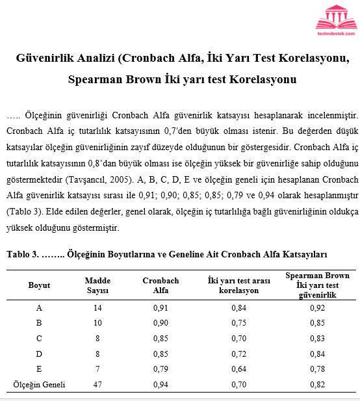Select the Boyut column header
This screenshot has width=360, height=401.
tap(39, 285)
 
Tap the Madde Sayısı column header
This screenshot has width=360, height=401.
tap(97, 285)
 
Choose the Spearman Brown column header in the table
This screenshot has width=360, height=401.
tap(317, 285)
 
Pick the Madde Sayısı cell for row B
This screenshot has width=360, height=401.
tap(97, 323)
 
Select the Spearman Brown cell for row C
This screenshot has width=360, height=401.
tap(317, 338)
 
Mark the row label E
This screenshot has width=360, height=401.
tap(39, 369)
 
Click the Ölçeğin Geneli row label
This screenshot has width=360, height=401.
tap(39, 385)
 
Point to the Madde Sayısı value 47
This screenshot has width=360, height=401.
tap(97, 385)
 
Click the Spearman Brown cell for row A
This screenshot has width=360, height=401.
tap(317, 307)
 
